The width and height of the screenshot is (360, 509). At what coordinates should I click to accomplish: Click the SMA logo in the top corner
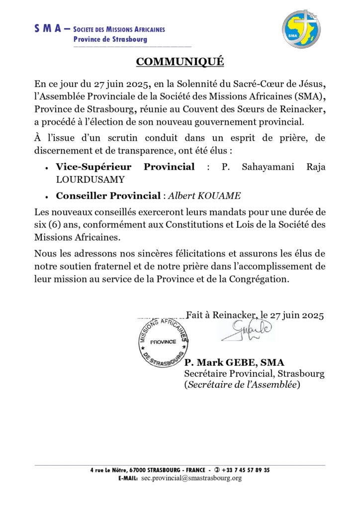click(302, 29)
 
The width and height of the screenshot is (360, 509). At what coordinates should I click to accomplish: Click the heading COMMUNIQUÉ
click(180, 62)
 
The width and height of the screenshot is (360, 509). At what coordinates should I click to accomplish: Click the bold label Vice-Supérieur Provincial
click(125, 167)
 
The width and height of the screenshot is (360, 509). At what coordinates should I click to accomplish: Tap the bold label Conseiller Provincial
click(108, 196)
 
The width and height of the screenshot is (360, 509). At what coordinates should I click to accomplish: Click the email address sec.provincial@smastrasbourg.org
click(191, 478)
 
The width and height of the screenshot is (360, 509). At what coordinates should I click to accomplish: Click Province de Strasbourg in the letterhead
click(108, 39)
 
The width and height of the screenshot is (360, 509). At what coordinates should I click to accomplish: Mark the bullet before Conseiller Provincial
click(46, 197)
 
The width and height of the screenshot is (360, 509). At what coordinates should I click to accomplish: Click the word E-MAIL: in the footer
click(128, 478)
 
